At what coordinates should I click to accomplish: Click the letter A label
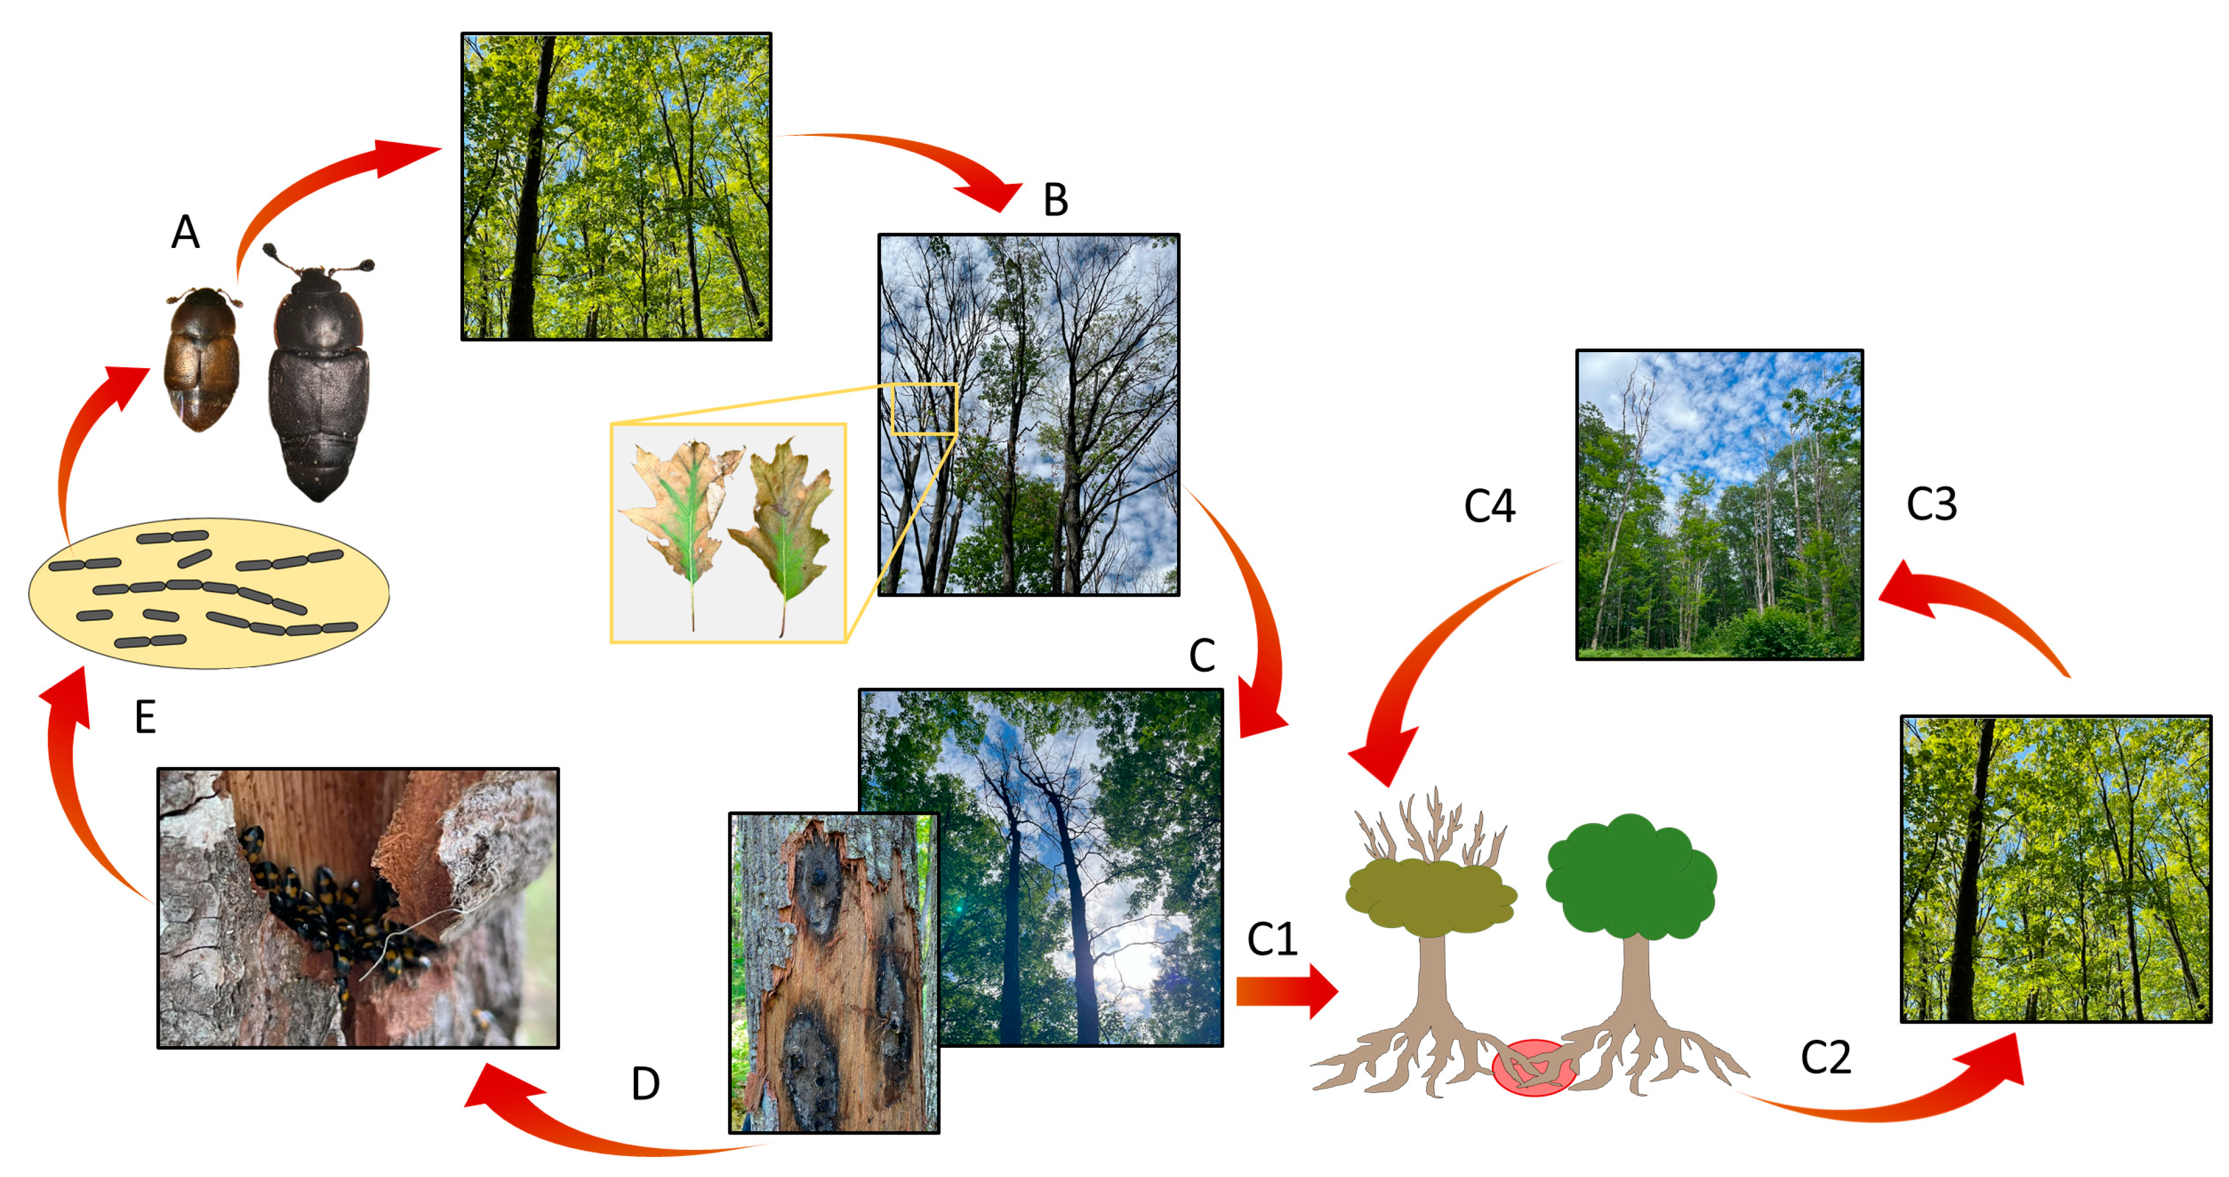[x=185, y=232]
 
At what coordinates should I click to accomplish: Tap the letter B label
[x=1056, y=200]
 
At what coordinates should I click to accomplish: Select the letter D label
[x=646, y=1084]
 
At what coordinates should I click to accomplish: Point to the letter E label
[x=145, y=717]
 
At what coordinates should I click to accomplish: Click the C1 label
[x=1272, y=939]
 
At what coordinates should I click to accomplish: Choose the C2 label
[x=1826, y=1058]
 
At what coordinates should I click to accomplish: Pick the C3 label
[x=1931, y=504]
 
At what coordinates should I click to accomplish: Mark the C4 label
[x=1489, y=506]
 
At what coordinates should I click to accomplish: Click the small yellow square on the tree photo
[x=924, y=409]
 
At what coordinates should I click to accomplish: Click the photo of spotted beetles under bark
[x=358, y=908]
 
